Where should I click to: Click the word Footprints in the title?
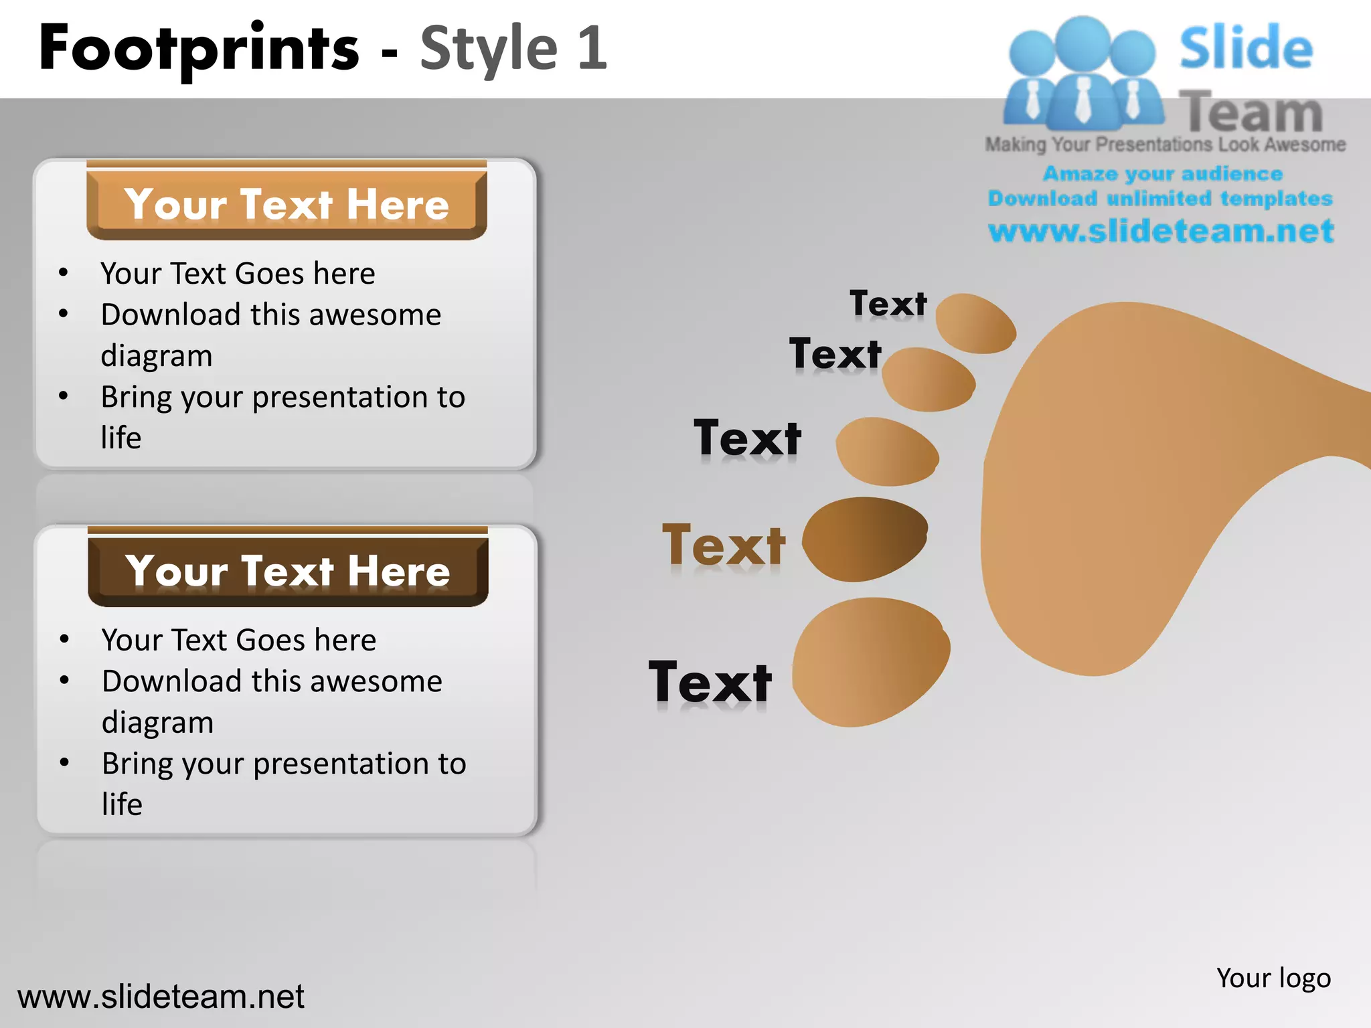[x=199, y=48]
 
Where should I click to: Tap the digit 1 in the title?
[x=592, y=48]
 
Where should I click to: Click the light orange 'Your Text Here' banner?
[x=287, y=203]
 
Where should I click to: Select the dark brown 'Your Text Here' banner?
[x=288, y=570]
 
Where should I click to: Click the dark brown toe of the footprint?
[x=864, y=539]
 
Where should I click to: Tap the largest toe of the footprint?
[x=870, y=661]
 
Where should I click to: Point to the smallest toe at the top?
[x=975, y=323]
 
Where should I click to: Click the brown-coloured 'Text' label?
[x=723, y=545]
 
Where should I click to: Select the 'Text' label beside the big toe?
[x=710, y=682]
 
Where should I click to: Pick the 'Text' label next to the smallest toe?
[x=888, y=304]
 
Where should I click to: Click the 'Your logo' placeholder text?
[x=1273, y=978]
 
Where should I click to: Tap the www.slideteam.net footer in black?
[x=161, y=997]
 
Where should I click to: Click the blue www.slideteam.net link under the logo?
[x=1161, y=231]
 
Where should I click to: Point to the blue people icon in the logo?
[x=1082, y=74]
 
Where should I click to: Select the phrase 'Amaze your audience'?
[x=1162, y=173]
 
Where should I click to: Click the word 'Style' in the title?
[x=489, y=48]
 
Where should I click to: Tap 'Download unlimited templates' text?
[x=1160, y=198]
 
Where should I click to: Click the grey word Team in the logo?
[x=1251, y=111]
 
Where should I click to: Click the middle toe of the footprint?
[x=887, y=452]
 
